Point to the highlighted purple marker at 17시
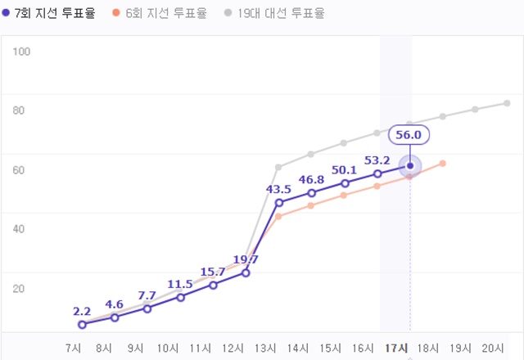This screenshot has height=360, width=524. point(410,166)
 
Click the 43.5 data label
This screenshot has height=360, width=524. point(278,189)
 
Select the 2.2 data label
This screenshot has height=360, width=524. point(82,311)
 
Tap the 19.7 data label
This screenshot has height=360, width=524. point(245,259)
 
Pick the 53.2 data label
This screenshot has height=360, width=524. point(377,160)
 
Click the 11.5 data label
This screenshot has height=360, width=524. point(179,284)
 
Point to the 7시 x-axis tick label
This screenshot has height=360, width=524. point(72,347)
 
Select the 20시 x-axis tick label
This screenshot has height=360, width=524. point(494,347)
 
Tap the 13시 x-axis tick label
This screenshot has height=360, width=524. point(266,347)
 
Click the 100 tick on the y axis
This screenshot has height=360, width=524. point(21,52)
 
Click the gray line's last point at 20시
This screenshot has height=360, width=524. point(507,103)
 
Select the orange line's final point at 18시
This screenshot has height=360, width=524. point(442,164)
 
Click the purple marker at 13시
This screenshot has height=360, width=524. point(279,202)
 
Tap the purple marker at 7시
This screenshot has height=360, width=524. point(82,325)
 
